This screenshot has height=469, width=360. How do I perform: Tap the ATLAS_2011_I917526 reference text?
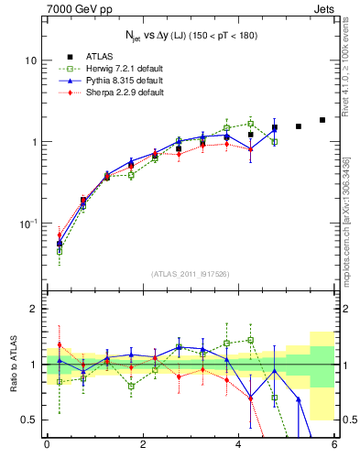pos(191,274)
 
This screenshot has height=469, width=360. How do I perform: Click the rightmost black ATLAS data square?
pos(322,120)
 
